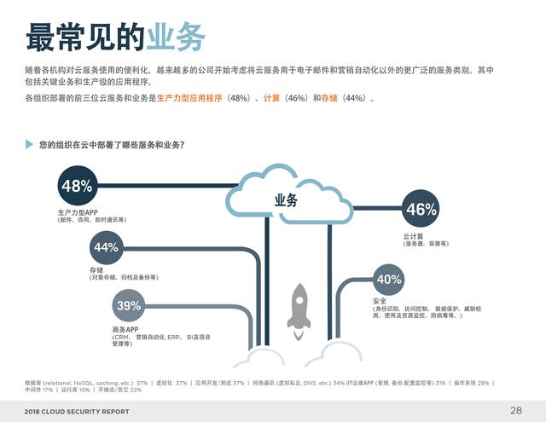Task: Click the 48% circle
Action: tap(77, 186)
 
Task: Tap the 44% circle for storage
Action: tap(106, 247)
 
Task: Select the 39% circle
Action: tap(130, 305)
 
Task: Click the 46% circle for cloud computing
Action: tap(421, 209)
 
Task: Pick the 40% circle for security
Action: tap(389, 279)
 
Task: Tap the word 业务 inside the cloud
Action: tap(286, 201)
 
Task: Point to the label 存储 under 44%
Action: tap(96, 269)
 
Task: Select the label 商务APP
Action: tap(125, 329)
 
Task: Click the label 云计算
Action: tap(414, 236)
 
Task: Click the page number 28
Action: tap(516, 410)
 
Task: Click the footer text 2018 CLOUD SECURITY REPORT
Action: tap(78, 412)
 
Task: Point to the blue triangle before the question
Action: tap(30, 145)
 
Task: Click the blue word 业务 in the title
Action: tap(176, 37)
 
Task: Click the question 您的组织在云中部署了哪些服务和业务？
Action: tap(111, 145)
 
